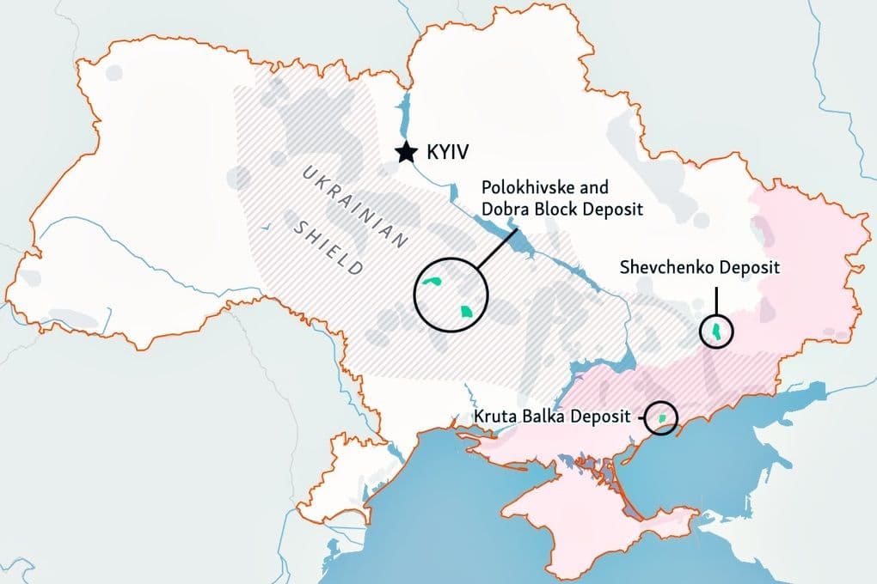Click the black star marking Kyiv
[x=405, y=153]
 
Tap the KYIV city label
[x=446, y=154]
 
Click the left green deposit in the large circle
[x=433, y=283]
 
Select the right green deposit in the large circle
[x=466, y=312]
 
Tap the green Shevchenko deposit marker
[x=715, y=332]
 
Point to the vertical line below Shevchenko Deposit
[x=715, y=301]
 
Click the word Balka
[x=537, y=418]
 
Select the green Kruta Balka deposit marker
[x=661, y=418]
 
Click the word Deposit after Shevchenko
[x=751, y=268]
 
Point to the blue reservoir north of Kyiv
[x=399, y=112]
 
